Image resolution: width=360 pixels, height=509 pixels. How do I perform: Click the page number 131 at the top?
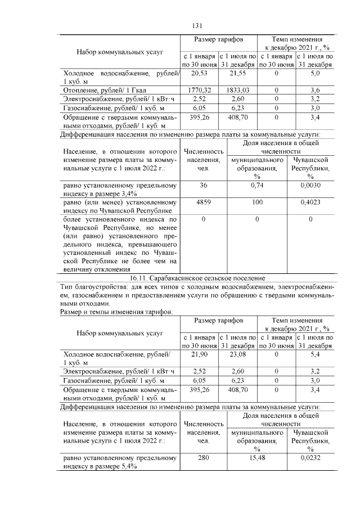click(197, 25)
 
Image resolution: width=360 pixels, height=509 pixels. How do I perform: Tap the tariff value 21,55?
click(238, 74)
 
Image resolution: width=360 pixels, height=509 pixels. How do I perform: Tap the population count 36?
click(204, 184)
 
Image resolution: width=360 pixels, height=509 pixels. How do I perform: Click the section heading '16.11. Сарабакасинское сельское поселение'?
click(197, 278)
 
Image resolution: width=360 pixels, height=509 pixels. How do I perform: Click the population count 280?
click(204, 458)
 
